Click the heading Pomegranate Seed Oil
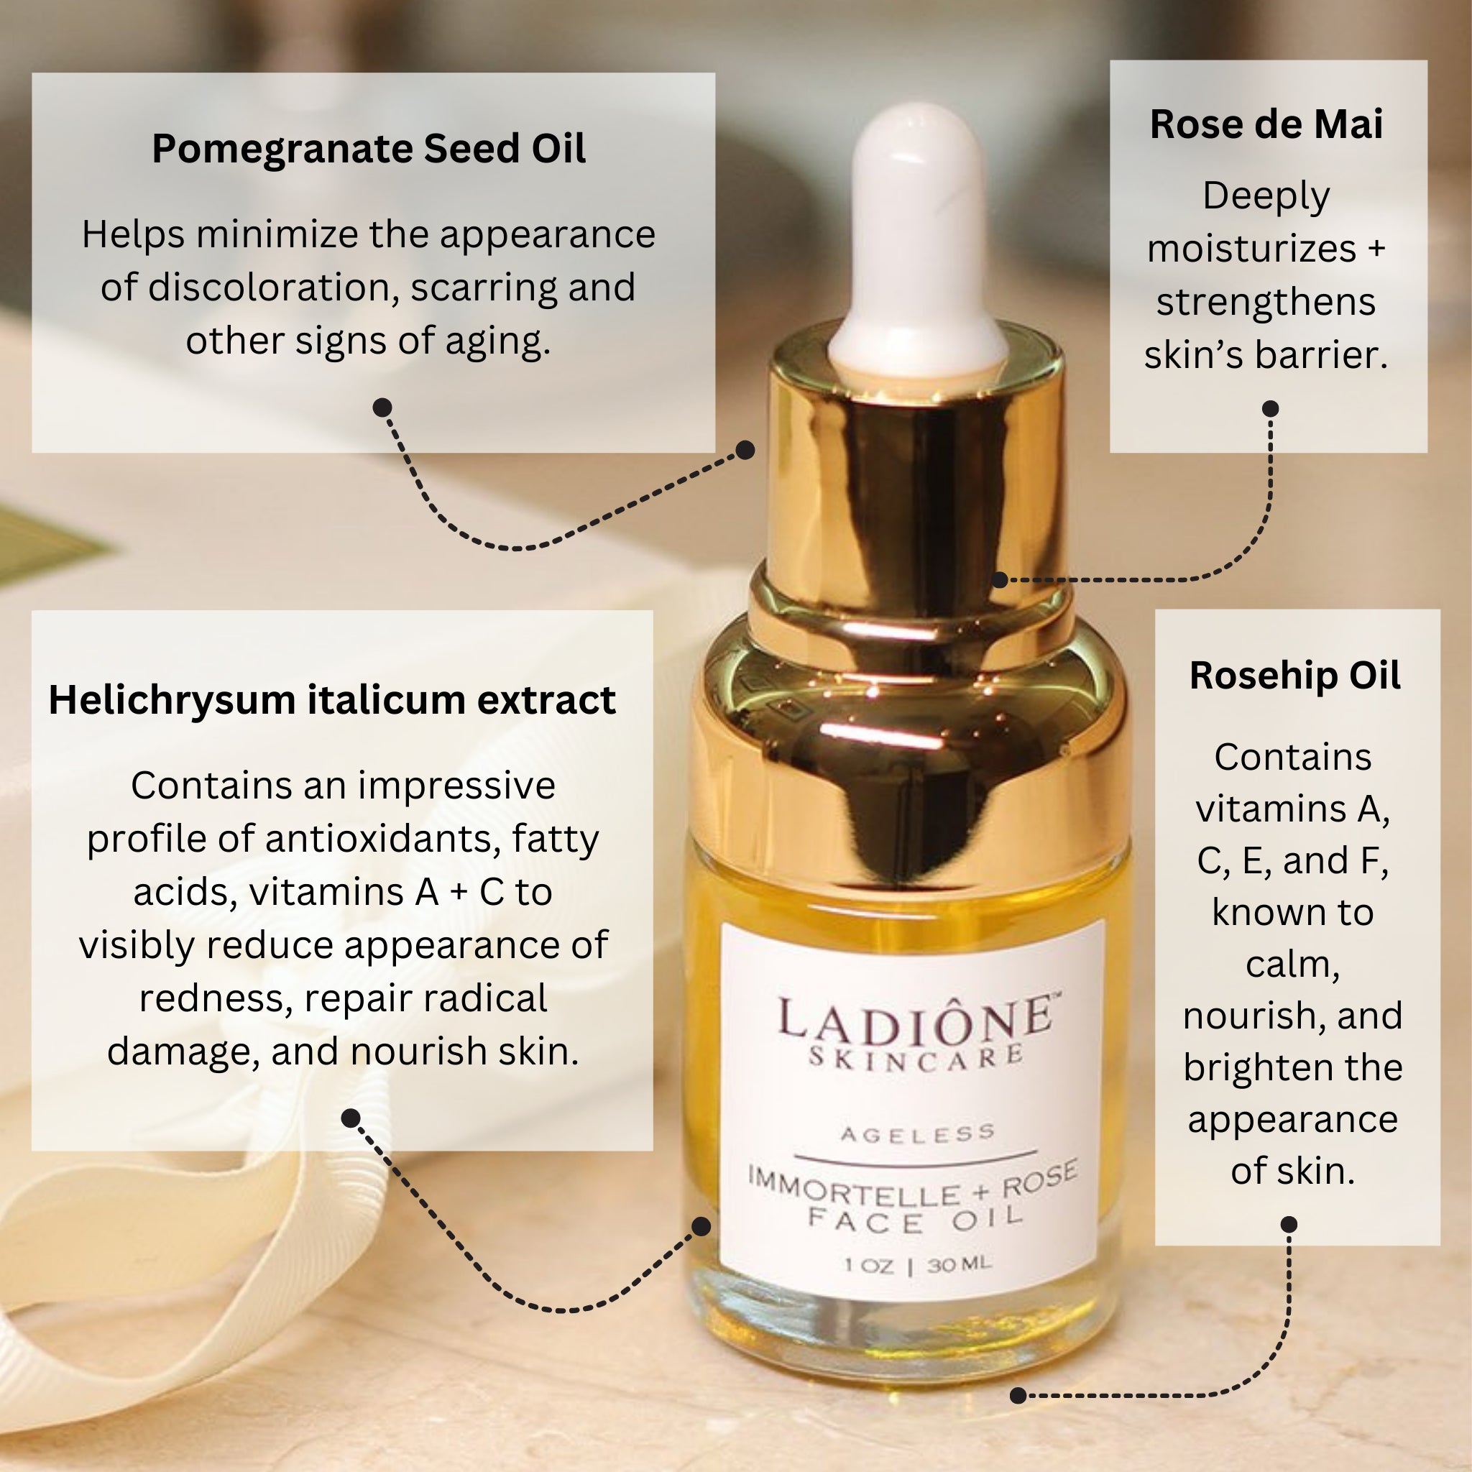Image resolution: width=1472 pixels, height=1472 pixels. (x=369, y=149)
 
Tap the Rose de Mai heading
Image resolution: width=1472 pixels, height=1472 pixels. (x=1266, y=124)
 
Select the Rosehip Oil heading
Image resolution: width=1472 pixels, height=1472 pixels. (x=1294, y=676)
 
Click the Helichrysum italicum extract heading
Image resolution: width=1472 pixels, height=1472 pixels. (x=332, y=700)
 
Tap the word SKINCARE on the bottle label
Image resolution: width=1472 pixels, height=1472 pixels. (x=916, y=1057)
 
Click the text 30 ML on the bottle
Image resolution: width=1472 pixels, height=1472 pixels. (x=960, y=1265)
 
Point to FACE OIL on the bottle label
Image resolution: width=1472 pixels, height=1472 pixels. (x=915, y=1219)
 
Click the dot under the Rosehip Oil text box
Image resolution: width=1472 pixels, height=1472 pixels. (x=1289, y=1224)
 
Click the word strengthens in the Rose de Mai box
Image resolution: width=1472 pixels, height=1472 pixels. (x=1266, y=302)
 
